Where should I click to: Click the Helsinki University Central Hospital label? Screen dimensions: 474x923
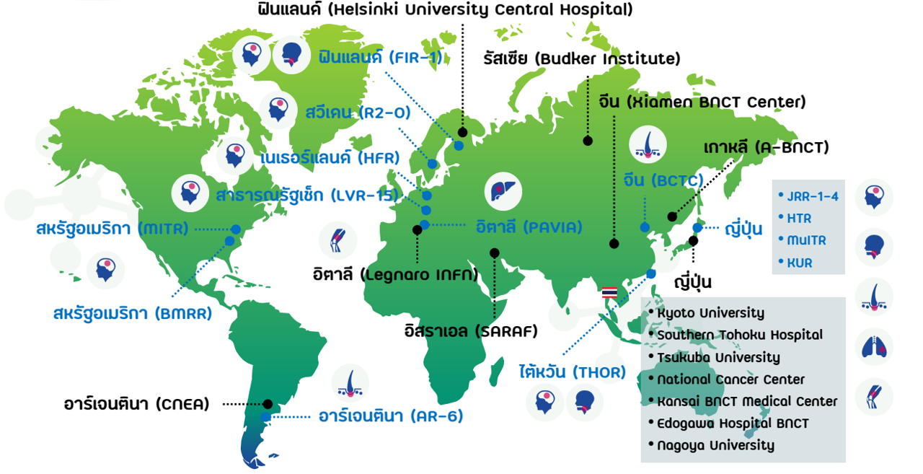445,10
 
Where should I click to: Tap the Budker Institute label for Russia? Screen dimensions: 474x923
581,58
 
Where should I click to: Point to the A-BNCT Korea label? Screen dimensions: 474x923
766,148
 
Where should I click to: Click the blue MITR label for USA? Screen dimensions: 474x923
112,229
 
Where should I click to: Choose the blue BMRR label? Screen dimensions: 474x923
132,315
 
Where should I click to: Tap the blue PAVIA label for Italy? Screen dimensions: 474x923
529,227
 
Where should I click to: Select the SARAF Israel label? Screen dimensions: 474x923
471,332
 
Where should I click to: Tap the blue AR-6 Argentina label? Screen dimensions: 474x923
390,416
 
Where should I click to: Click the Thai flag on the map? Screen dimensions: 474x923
609,292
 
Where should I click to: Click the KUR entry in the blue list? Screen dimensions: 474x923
799,263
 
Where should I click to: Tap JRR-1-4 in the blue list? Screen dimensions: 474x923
812,196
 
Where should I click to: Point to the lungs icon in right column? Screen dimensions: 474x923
874,347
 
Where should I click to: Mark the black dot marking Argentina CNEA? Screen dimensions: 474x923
268,405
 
